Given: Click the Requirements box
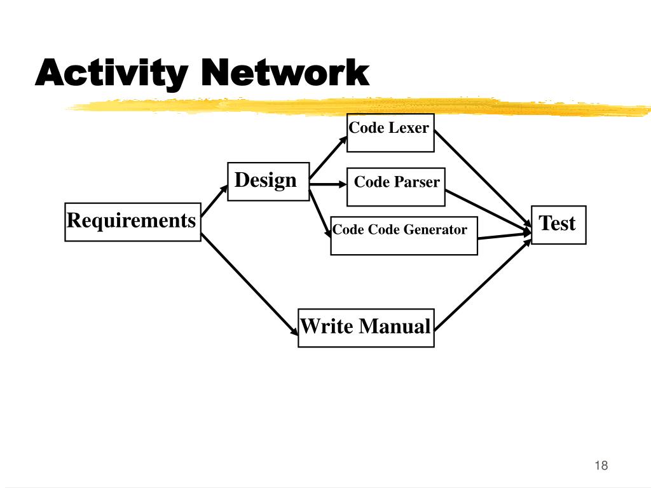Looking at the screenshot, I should click(x=132, y=222).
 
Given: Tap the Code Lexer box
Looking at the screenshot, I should click(x=390, y=132).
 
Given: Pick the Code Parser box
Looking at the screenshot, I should click(x=395, y=187).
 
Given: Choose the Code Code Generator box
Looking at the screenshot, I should click(x=404, y=235).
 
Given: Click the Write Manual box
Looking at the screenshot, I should click(x=366, y=327).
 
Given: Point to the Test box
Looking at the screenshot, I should click(x=558, y=224).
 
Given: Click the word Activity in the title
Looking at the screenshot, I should click(x=111, y=74).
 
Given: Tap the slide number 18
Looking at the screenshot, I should click(x=601, y=466).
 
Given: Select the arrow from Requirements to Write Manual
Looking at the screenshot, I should click(x=249, y=286).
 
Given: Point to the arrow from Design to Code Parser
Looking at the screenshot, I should click(x=326, y=185).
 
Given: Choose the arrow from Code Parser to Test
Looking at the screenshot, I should click(x=486, y=208).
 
